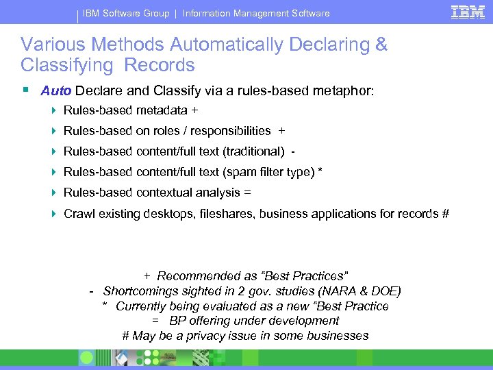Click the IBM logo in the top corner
(x=468, y=12)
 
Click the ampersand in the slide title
(x=381, y=45)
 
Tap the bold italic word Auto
(x=56, y=90)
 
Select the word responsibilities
(x=231, y=131)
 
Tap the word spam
(x=253, y=172)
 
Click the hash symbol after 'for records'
(x=446, y=214)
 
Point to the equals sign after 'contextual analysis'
(x=247, y=193)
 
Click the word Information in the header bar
(x=210, y=13)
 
